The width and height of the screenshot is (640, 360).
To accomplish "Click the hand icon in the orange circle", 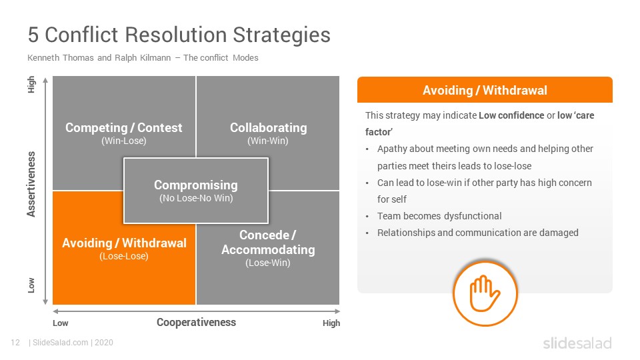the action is coord(485,293).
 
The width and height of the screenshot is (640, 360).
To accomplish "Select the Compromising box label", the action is coord(196,185).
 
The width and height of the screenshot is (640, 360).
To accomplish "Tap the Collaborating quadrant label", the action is coord(268,127).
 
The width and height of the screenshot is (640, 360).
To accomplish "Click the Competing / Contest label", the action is coord(124,127).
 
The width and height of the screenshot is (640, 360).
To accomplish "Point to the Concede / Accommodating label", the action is coord(268,242).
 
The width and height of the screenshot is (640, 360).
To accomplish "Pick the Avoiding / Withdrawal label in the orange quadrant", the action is coord(124,243).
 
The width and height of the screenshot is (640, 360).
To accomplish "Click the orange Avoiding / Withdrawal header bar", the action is coord(485,90).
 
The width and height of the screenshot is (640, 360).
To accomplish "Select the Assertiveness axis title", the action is coord(31,184).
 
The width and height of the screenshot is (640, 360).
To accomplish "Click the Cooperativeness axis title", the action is coord(196,322).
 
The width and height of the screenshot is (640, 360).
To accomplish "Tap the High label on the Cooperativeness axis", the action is coord(331,323).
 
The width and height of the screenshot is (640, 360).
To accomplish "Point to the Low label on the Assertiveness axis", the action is coord(31,285).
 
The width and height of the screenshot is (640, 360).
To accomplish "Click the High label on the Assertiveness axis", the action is coord(31,85).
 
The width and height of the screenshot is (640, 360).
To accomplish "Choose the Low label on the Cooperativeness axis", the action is coord(61,323).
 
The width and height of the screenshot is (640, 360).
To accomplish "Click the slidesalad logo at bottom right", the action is coord(577,343).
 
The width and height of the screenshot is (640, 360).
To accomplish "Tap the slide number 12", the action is coord(15,343).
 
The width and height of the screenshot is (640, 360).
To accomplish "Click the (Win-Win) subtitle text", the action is coord(268,141).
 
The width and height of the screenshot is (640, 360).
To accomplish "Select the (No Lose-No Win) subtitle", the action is coord(196,198).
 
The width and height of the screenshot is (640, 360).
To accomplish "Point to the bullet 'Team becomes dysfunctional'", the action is coord(439,216).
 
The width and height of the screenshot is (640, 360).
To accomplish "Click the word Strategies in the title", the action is coord(281,35).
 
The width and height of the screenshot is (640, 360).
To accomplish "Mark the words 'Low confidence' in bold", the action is coord(511,115).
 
